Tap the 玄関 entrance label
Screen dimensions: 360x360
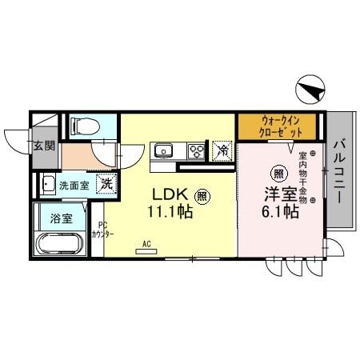44,146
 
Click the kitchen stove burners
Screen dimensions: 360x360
196,150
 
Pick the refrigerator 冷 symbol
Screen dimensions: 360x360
222,150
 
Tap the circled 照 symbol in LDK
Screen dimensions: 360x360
203,194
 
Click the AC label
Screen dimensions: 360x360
147,243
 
